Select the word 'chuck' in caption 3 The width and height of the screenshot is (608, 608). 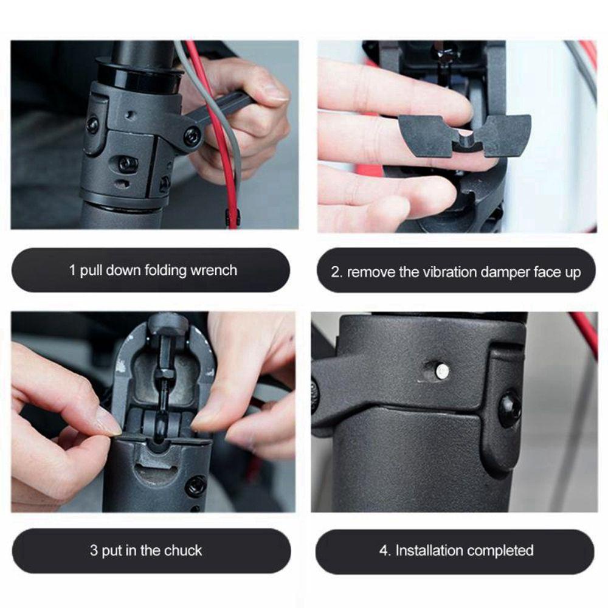point(182,551)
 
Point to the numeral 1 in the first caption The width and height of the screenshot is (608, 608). point(72,270)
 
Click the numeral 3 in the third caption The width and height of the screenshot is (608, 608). point(94,551)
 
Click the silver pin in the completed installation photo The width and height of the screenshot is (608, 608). point(442,369)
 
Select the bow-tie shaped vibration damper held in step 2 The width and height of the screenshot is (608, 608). point(465,136)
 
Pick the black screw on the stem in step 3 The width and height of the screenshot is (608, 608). point(196,486)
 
